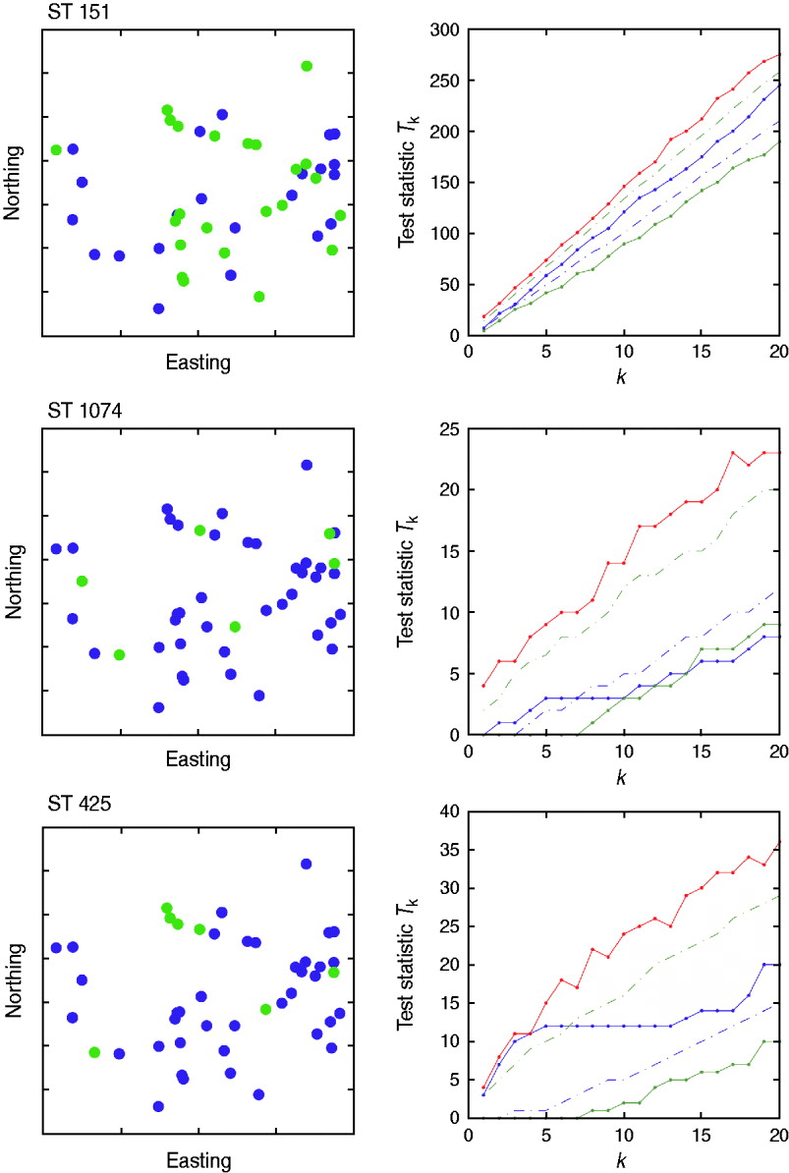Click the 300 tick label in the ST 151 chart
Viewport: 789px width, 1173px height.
tap(448, 29)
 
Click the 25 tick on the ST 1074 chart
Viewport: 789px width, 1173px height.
tap(452, 428)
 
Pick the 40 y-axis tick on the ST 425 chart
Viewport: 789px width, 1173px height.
tap(452, 811)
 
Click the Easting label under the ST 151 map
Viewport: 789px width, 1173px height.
tap(197, 363)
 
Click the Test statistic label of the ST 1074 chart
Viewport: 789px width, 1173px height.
tap(406, 582)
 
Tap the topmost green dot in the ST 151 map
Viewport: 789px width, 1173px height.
tap(307, 66)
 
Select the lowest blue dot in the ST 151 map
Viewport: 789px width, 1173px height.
tap(158, 308)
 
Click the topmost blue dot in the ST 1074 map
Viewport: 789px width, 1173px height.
tap(307, 465)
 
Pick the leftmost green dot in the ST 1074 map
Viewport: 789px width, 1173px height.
tap(82, 581)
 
